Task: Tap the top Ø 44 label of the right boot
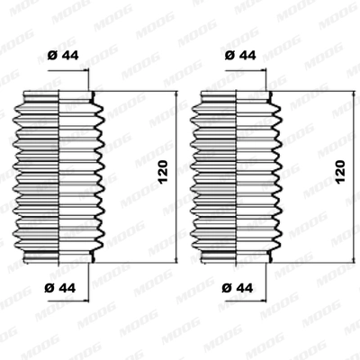pos(241,56)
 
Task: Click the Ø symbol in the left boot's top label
pos(50,56)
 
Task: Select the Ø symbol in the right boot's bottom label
pos(228,288)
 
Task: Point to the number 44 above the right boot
pos(248,56)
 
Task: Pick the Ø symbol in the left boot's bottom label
pos(50,288)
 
